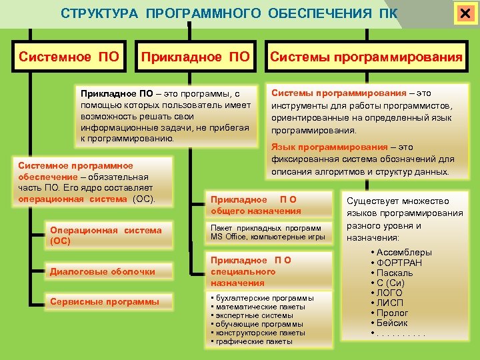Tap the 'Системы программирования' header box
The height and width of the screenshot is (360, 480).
pos(365,57)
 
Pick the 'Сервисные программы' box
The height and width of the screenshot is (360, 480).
pos(105,301)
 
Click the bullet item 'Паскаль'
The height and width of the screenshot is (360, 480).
pos(394,273)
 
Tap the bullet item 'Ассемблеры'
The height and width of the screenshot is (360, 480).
pos(404,252)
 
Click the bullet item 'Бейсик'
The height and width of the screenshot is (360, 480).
pos(393,323)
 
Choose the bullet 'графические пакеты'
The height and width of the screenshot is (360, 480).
pos(253,341)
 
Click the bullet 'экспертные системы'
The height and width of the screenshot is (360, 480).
pos(251,315)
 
